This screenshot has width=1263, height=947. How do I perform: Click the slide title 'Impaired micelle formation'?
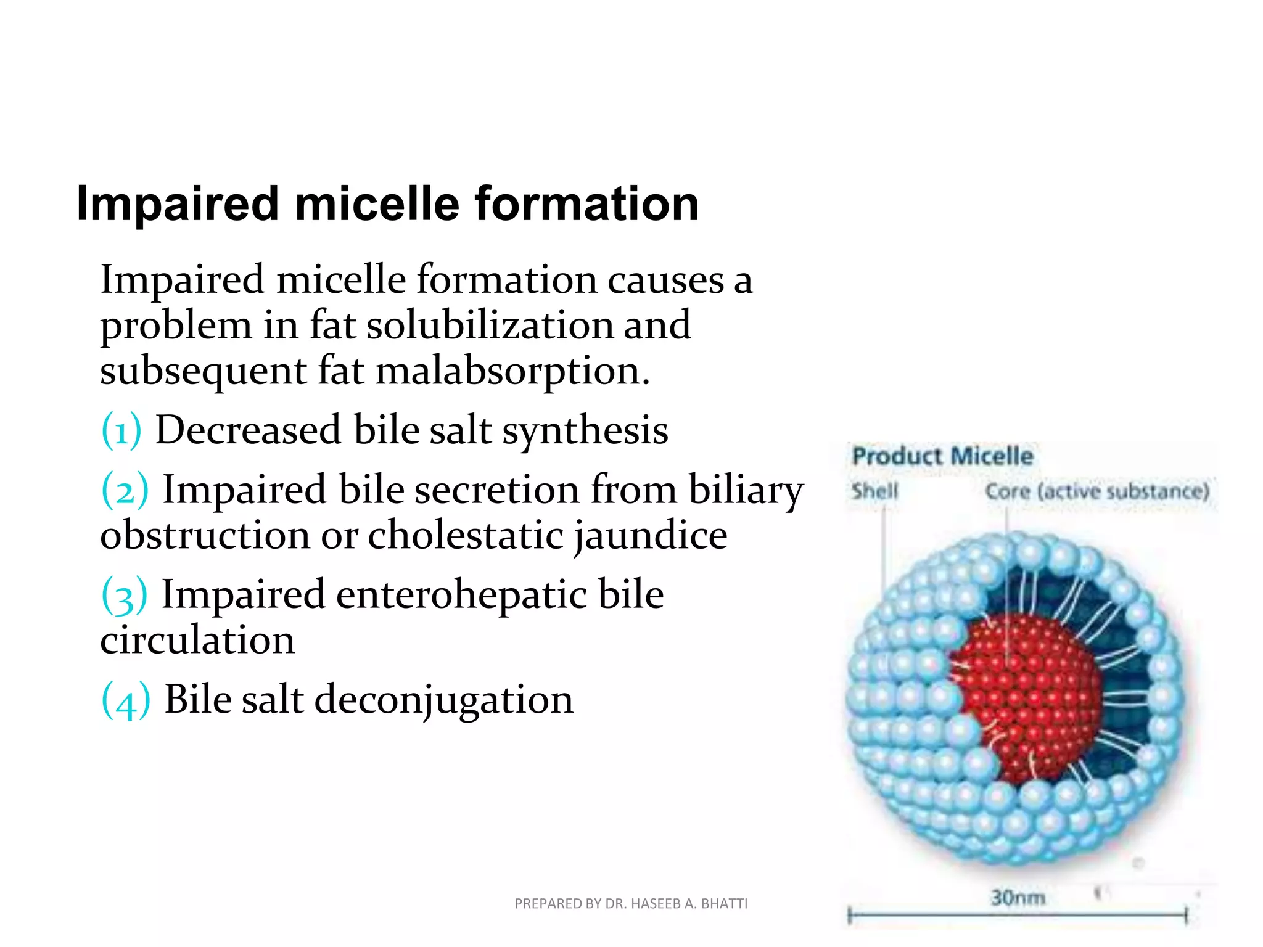387,204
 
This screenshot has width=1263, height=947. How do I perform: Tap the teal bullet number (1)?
121,430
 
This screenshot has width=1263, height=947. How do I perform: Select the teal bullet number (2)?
125,490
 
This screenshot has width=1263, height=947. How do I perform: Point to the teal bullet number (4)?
126,700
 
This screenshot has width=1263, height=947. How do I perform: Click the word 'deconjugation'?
444,700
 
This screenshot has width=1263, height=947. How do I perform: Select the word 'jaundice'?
651,535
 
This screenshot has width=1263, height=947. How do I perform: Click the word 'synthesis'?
585,430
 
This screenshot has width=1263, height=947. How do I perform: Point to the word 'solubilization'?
490,325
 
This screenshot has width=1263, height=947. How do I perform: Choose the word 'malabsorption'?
513,371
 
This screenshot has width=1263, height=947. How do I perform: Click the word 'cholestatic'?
466,535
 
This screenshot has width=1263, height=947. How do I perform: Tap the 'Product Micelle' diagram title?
942,456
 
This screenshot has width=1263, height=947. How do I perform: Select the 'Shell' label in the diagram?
874,491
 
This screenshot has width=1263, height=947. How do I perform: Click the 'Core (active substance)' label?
1097,491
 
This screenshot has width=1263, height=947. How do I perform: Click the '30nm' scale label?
1018,897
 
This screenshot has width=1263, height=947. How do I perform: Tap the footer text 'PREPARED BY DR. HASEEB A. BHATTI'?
631,904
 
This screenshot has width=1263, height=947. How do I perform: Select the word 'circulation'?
197,641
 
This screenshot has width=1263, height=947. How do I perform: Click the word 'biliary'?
746,490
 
